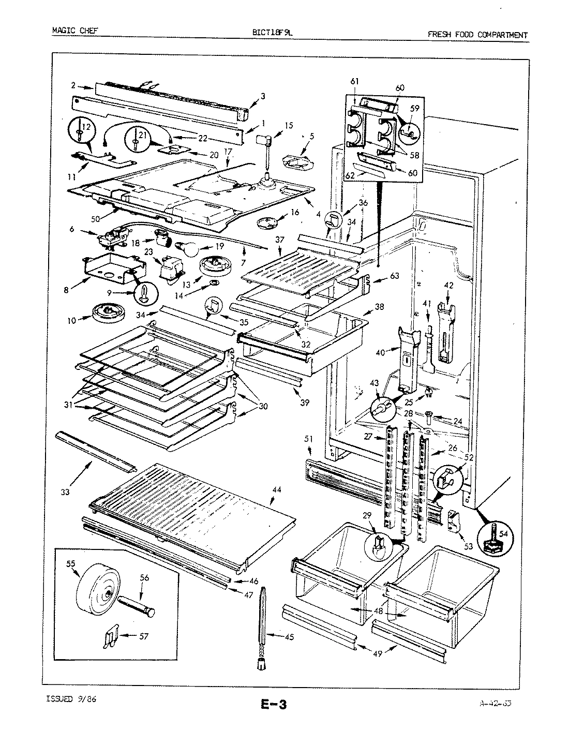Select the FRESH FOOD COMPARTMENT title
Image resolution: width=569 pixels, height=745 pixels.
pos(477,35)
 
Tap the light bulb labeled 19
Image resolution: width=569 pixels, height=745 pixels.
pos(189,248)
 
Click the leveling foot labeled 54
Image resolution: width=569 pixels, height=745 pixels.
pos(496,538)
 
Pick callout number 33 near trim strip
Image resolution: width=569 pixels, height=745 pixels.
pos(65,492)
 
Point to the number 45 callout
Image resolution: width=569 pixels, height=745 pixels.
pos(289,637)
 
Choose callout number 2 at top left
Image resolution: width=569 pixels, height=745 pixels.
pos(73,85)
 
